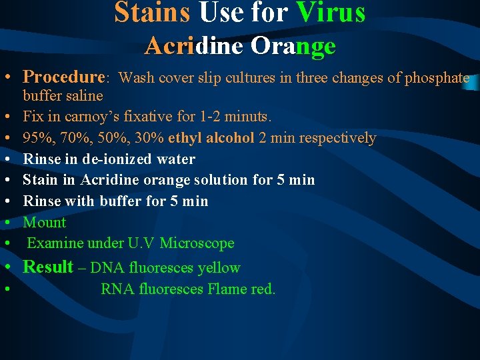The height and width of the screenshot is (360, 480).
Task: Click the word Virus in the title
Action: click(x=331, y=12)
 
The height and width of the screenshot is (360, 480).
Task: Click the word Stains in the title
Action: click(x=153, y=12)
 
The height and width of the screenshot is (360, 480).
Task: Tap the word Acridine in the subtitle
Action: click(x=194, y=45)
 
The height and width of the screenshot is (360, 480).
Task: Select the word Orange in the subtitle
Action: click(x=293, y=45)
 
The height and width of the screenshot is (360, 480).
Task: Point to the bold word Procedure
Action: click(x=65, y=77)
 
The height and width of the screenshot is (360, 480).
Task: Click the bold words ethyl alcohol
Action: click(x=211, y=138)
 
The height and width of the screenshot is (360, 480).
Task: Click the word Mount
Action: click(x=44, y=222)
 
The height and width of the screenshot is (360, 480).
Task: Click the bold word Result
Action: click(x=48, y=267)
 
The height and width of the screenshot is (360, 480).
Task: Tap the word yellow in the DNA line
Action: click(x=218, y=268)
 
